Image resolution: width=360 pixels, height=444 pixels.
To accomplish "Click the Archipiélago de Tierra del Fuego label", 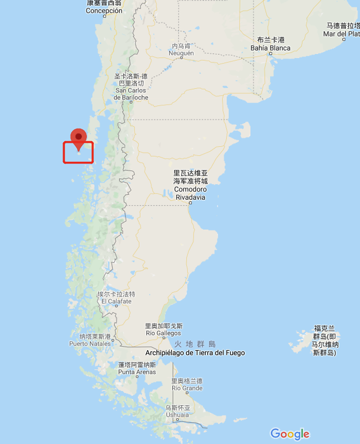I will pos(195,353).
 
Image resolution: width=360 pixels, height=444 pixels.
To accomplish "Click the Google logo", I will pos(290,434).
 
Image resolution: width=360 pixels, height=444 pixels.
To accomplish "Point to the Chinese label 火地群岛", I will pos(195,344).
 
